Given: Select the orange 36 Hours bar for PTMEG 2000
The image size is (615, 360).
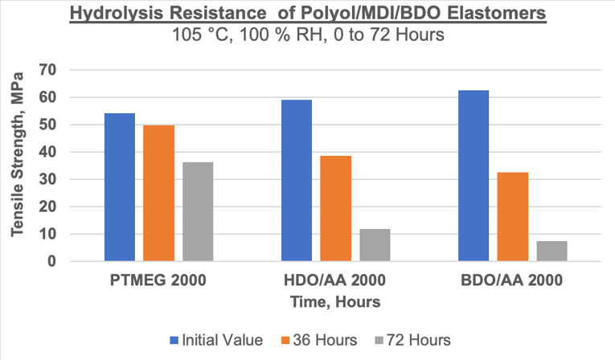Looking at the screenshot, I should pyautogui.click(x=158, y=193).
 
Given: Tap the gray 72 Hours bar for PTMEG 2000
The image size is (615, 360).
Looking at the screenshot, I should pyautogui.click(x=198, y=212).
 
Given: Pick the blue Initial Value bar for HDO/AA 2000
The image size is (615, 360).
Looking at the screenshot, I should pyautogui.click(x=297, y=180).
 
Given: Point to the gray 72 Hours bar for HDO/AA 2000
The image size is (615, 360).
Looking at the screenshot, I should pyautogui.click(x=375, y=245).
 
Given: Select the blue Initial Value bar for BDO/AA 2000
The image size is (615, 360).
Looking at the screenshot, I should pyautogui.click(x=474, y=176).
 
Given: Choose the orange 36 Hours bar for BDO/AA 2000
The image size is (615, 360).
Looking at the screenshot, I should pyautogui.click(x=512, y=216).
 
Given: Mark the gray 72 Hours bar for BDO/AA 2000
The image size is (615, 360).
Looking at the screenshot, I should pyautogui.click(x=551, y=251).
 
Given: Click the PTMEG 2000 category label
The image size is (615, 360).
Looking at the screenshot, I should pyautogui.click(x=158, y=281).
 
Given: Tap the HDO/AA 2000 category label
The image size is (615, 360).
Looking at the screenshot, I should pyautogui.click(x=335, y=281).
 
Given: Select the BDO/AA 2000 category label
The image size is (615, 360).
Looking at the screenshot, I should pyautogui.click(x=512, y=281).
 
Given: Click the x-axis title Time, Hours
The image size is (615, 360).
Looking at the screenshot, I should pyautogui.click(x=335, y=301).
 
